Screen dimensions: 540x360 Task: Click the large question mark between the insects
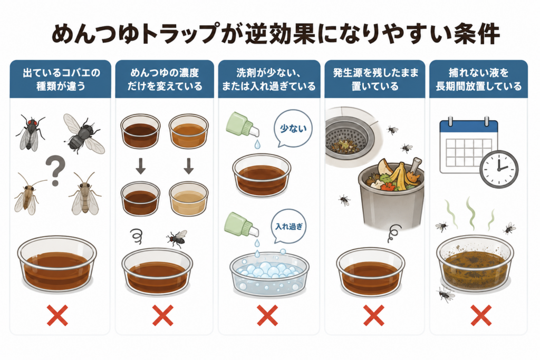pos(56,169)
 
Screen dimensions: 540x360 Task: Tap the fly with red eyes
pos(30,133)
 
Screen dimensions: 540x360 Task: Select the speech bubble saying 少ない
pos(293,129)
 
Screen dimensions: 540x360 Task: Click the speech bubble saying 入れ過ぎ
pos(288,227)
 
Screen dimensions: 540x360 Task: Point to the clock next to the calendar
pos(499,169)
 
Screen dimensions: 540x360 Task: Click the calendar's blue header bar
pos(469,127)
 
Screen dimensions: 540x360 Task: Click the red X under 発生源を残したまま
pos(374,315)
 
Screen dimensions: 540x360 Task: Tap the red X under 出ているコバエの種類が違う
pos(57,315)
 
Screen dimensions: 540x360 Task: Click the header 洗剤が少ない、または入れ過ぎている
pos(268,79)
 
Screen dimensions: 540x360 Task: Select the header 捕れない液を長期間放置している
pos(479,79)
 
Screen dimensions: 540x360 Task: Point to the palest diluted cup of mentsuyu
pos(188,199)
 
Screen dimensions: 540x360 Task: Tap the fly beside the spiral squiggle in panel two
pos(177,238)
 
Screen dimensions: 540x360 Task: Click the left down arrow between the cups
pos(140,166)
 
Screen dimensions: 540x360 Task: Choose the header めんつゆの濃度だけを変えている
pos(165,79)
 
